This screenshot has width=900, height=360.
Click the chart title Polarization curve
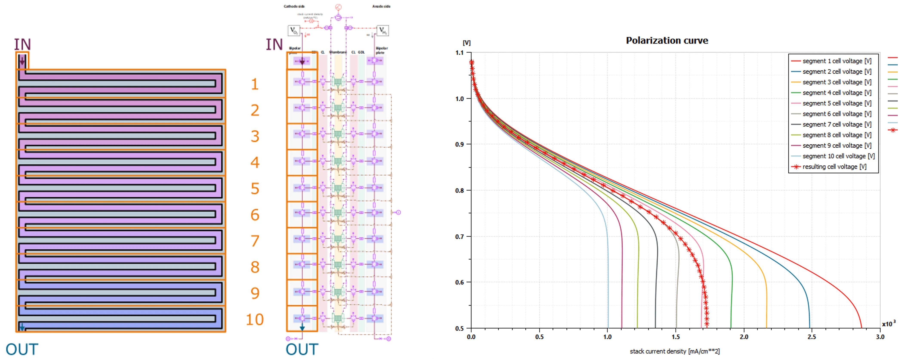pos(667,40)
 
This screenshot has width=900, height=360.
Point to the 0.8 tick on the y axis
pos(459,190)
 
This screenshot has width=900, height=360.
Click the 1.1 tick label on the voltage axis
pos(459,53)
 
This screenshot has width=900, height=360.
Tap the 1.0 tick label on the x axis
pos(607,337)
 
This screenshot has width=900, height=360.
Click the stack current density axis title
pos(675,351)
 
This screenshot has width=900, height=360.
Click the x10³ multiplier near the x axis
pos(888,324)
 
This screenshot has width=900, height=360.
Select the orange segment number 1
pos(255,84)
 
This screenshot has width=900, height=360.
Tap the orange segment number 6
pos(255,215)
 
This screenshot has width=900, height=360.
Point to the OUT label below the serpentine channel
pos(22,349)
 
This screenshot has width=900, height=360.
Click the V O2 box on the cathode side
pos(294,31)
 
